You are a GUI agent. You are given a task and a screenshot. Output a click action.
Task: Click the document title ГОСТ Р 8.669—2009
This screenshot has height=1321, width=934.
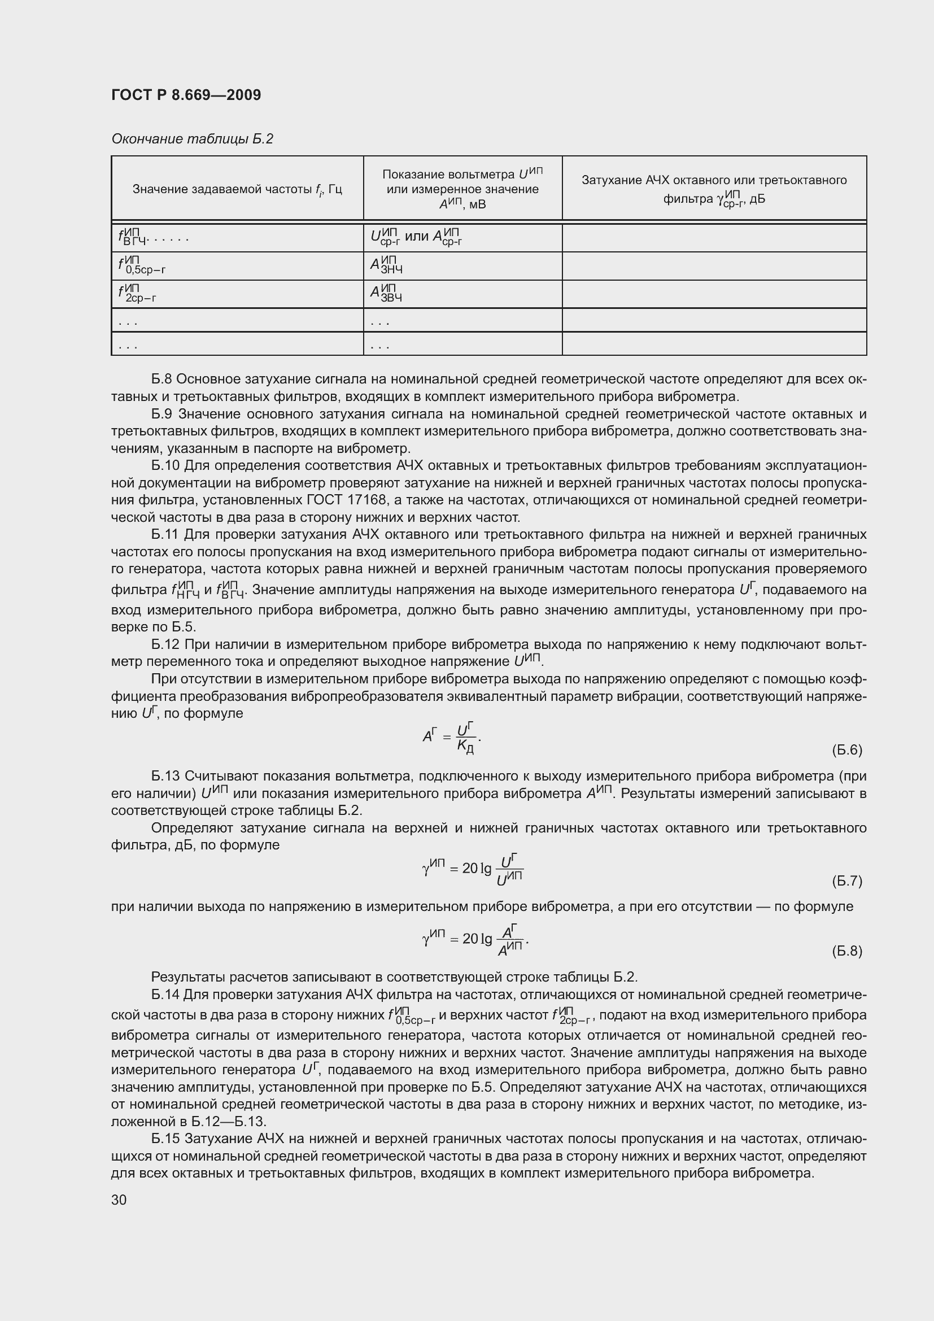click(x=186, y=95)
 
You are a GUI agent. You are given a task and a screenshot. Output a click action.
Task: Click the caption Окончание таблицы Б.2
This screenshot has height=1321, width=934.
click(x=191, y=139)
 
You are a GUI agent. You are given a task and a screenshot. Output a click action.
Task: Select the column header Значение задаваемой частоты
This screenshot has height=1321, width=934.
click(x=237, y=189)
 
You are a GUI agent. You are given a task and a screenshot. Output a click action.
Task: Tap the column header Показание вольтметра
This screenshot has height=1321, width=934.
click(x=462, y=189)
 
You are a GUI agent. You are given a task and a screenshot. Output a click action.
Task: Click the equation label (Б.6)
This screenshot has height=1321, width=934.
click(x=846, y=749)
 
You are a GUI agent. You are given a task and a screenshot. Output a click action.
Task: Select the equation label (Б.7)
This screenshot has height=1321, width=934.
click(x=846, y=881)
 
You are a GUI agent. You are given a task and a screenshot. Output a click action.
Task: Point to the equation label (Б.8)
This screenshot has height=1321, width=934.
click(x=846, y=951)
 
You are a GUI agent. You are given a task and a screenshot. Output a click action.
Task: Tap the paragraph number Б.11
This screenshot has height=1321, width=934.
click(x=164, y=534)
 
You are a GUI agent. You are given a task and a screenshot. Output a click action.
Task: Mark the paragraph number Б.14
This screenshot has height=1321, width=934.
click(x=164, y=995)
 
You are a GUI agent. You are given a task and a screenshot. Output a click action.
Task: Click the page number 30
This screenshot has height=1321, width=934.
click(x=119, y=1200)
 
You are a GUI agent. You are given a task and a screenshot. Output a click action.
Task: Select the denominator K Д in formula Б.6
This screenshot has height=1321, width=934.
click(x=465, y=746)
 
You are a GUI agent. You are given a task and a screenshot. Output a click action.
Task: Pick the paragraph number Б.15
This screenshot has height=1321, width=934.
click(x=164, y=1139)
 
